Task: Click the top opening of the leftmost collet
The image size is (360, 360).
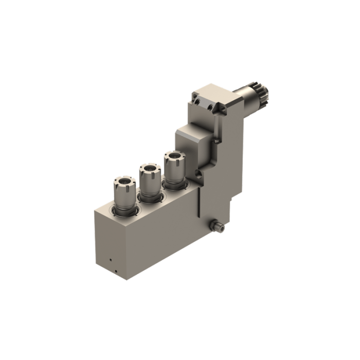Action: coord(124,181)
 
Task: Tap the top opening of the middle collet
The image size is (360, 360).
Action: coord(148,169)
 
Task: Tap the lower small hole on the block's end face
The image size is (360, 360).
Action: coord(116,272)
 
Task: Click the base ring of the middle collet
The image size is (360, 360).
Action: coord(149,196)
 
